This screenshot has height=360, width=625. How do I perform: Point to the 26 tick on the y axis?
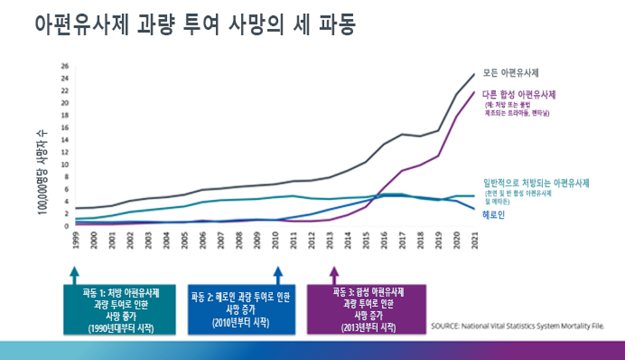pyautogui.click(x=65, y=65)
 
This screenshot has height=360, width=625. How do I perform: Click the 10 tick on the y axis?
pyautogui.click(x=65, y=164)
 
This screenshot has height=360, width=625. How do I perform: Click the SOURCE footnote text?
pyautogui.click(x=517, y=326)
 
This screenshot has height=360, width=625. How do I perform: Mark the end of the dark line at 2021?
pyautogui.click(x=474, y=73)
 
